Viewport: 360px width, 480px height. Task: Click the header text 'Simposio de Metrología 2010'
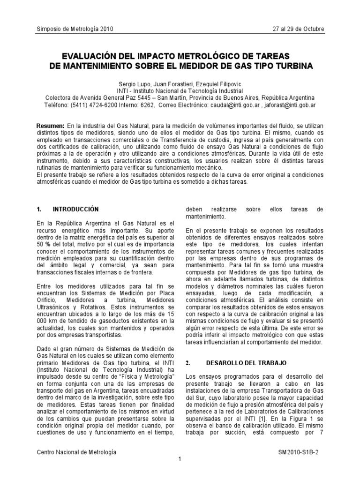pos(75,30)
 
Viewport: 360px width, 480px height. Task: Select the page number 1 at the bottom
pos(180,459)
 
